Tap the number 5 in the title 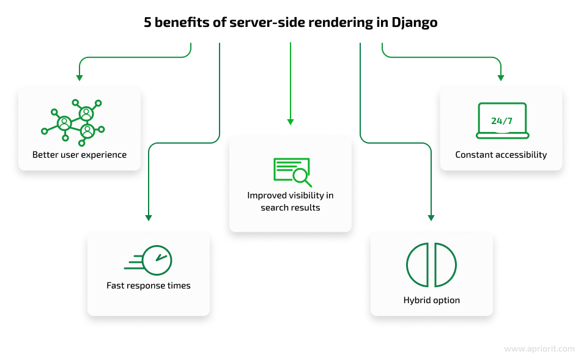147,23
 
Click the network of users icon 73,123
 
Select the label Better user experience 80,155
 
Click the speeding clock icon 148,260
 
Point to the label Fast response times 148,285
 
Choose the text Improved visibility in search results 290,202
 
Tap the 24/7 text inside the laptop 501,121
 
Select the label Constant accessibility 501,155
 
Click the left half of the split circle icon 418,265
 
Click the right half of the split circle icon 445,265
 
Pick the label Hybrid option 432,300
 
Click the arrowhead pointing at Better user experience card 80,78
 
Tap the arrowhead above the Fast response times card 149,218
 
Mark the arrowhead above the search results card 290,122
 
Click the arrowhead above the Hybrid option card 431,218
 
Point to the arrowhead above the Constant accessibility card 501,78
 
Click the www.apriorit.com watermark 539,349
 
